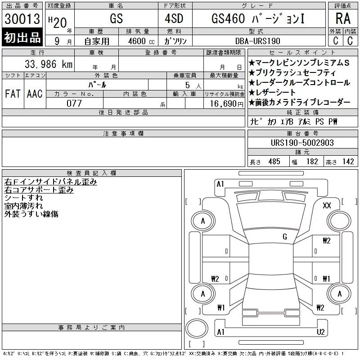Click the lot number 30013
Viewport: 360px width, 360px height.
click(22, 19)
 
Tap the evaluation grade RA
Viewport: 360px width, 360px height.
click(343, 18)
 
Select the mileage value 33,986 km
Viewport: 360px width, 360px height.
click(49, 64)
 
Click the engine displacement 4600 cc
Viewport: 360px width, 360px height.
click(141, 41)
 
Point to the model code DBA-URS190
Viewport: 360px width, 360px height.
click(257, 41)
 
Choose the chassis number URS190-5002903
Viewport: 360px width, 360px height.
click(302, 143)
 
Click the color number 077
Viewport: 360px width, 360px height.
click(74, 103)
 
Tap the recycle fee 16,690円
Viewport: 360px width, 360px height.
click(227, 104)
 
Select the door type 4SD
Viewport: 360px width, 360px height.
click(174, 18)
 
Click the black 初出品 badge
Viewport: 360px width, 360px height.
click(22, 37)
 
